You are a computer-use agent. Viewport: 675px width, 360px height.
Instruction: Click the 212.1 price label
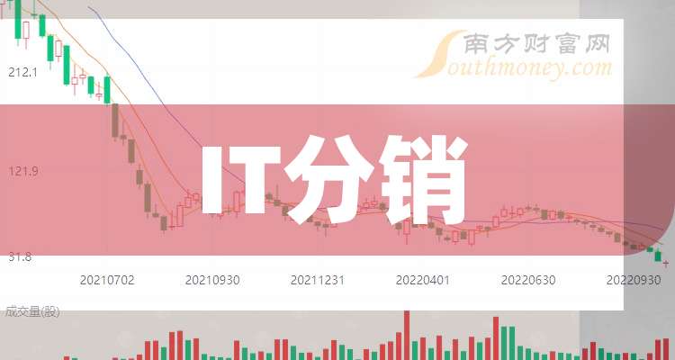coord(22,72)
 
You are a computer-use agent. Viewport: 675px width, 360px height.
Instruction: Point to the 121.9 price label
coord(23,171)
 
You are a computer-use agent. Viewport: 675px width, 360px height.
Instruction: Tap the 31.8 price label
coord(20,257)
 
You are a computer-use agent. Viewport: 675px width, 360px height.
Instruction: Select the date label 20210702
coord(107,280)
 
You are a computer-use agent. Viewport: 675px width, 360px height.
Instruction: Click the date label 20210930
coord(212,280)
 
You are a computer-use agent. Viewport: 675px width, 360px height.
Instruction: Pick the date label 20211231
coord(318,280)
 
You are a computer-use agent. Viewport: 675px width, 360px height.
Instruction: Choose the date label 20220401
coord(423,280)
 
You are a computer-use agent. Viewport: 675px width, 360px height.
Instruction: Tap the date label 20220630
coord(528,280)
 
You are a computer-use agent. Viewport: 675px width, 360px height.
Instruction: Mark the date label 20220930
coord(634,280)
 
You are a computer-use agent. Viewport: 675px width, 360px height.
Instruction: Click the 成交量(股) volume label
coord(32,311)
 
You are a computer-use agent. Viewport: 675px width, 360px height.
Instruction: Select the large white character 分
coord(328,180)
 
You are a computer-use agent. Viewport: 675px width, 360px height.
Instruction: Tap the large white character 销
coord(423,180)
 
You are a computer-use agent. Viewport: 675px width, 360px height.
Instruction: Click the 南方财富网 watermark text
coord(537,44)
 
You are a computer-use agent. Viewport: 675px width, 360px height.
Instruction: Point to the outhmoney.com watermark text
coord(529,69)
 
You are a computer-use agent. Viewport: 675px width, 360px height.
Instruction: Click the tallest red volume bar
coord(407,335)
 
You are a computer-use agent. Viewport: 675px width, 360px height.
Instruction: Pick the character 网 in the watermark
coord(596,44)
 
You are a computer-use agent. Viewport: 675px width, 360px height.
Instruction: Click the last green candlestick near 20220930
coord(658,256)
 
